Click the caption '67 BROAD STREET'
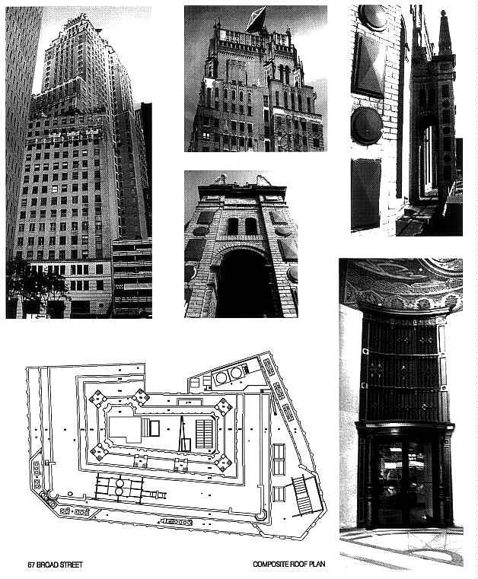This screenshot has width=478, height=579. pyautogui.click(x=55, y=565)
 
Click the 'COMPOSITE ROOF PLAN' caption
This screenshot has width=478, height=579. pyautogui.click(x=289, y=564)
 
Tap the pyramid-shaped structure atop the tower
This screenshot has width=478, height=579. pyautogui.click(x=257, y=19)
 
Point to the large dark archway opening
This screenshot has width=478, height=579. pyautogui.click(x=244, y=282)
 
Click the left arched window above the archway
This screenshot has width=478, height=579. pyautogui.click(x=233, y=226)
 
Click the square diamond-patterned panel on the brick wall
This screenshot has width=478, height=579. pyautogui.click(x=368, y=64)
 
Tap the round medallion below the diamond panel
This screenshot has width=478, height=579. pyautogui.click(x=366, y=126)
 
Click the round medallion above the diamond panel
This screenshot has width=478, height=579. pyautogui.click(x=372, y=17)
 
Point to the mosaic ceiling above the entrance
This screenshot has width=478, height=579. pyautogui.click(x=402, y=282)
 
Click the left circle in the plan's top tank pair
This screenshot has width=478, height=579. pyautogui.click(x=221, y=377)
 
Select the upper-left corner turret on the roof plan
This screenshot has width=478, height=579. pyautogui.click(x=98, y=398)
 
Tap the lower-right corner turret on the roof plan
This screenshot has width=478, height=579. pyautogui.click(x=224, y=463)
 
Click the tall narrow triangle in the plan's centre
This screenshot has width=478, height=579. pyautogui.click(x=182, y=434)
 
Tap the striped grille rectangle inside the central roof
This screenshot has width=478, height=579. pyautogui.click(x=204, y=434)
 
